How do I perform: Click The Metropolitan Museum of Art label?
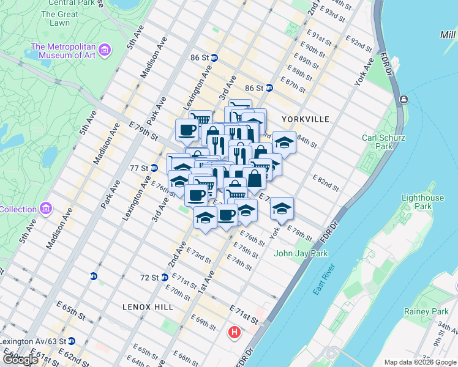[x=64, y=52]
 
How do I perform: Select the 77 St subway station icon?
[x=154, y=168]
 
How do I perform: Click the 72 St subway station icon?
[x=164, y=277]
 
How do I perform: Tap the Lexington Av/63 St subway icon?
[x=72, y=341]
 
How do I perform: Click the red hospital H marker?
[x=234, y=333]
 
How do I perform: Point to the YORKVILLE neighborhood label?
[x=306, y=119]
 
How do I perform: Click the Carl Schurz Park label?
[x=384, y=142]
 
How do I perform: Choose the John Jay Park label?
[x=301, y=253]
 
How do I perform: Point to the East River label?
[x=324, y=279]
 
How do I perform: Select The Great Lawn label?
[x=60, y=18]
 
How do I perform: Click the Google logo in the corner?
[x=20, y=359]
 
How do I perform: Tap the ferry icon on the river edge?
[x=404, y=99]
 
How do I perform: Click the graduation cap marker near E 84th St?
[x=284, y=143]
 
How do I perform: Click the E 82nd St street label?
[x=326, y=181]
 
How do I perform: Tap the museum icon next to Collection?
[x=47, y=209]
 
